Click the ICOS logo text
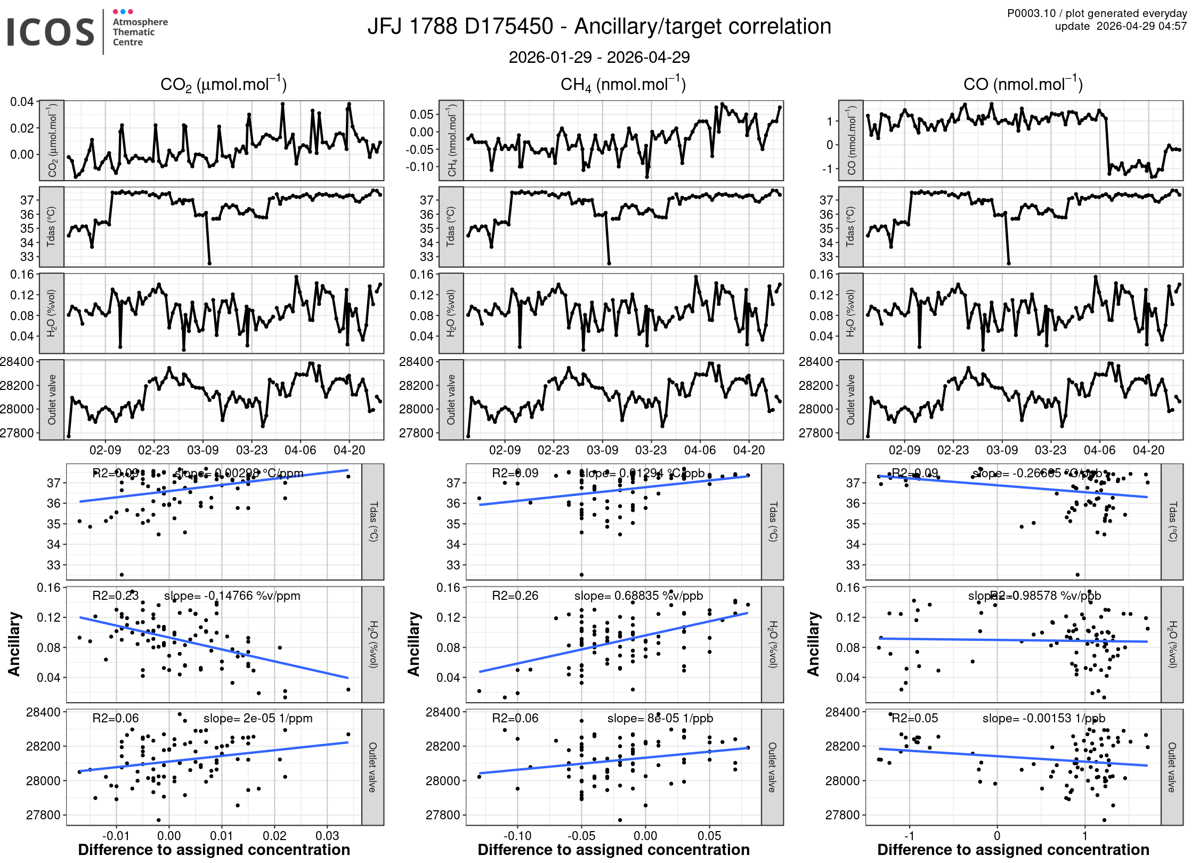[51, 32]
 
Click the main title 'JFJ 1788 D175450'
[460, 27]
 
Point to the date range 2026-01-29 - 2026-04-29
[599, 57]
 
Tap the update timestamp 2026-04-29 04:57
[1141, 26]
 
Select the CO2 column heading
[223, 85]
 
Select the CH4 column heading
[623, 85]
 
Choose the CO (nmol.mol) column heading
[1023, 85]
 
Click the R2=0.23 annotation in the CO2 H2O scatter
[115, 596]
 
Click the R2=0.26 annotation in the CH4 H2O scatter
[515, 596]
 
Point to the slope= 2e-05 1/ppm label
[258, 718]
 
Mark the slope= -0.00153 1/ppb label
[1043, 718]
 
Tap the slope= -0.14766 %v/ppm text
[232, 596]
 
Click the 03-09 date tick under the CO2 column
[202, 450]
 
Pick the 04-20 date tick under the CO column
[1148, 450]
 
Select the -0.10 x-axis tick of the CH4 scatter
[517, 835]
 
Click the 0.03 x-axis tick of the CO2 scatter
[327, 835]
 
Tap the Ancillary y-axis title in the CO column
[813, 644]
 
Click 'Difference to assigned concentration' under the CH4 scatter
[613, 850]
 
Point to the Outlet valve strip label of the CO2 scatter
[372, 767]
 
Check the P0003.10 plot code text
[1031, 13]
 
